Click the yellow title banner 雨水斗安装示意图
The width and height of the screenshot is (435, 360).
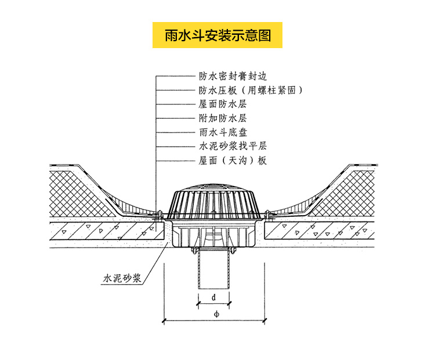217,35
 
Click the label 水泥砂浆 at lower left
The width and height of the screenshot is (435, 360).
122,279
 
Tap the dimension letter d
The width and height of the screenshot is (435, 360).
213,297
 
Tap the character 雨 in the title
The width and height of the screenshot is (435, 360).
171,35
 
